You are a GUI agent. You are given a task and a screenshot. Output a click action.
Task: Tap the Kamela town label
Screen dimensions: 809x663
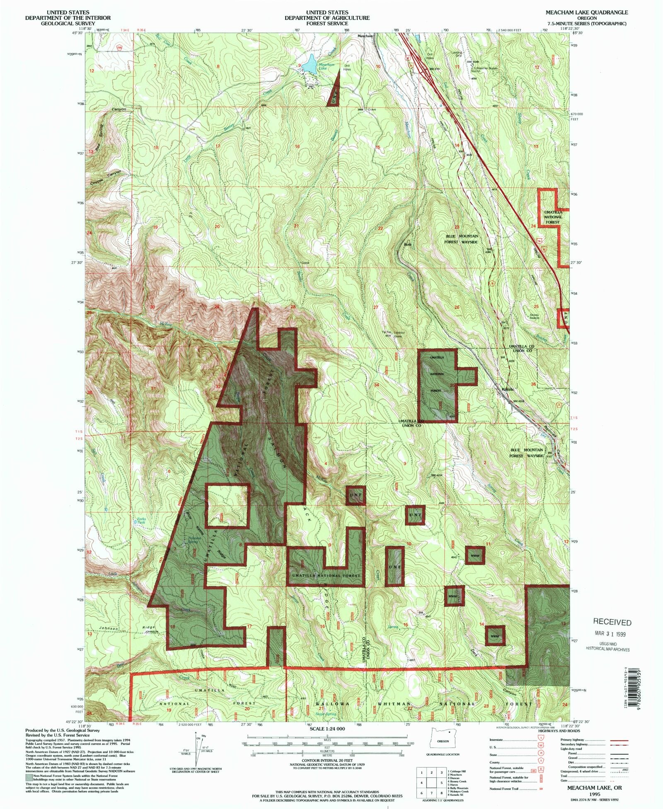508,389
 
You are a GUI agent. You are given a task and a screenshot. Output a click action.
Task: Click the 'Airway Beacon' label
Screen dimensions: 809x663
535,316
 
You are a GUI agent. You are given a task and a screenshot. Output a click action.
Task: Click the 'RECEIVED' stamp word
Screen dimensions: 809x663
612,622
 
